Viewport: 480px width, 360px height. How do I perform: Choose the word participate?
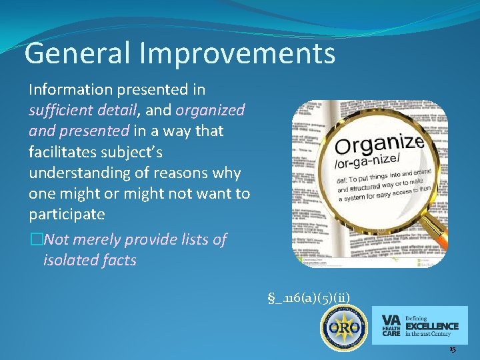pos(67,215)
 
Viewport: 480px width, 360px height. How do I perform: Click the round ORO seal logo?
pos(343,327)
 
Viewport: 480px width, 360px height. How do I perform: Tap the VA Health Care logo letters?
pos(391,325)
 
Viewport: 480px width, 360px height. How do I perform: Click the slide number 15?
pos(452,349)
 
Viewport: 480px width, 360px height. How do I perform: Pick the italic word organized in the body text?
pos(211,110)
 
